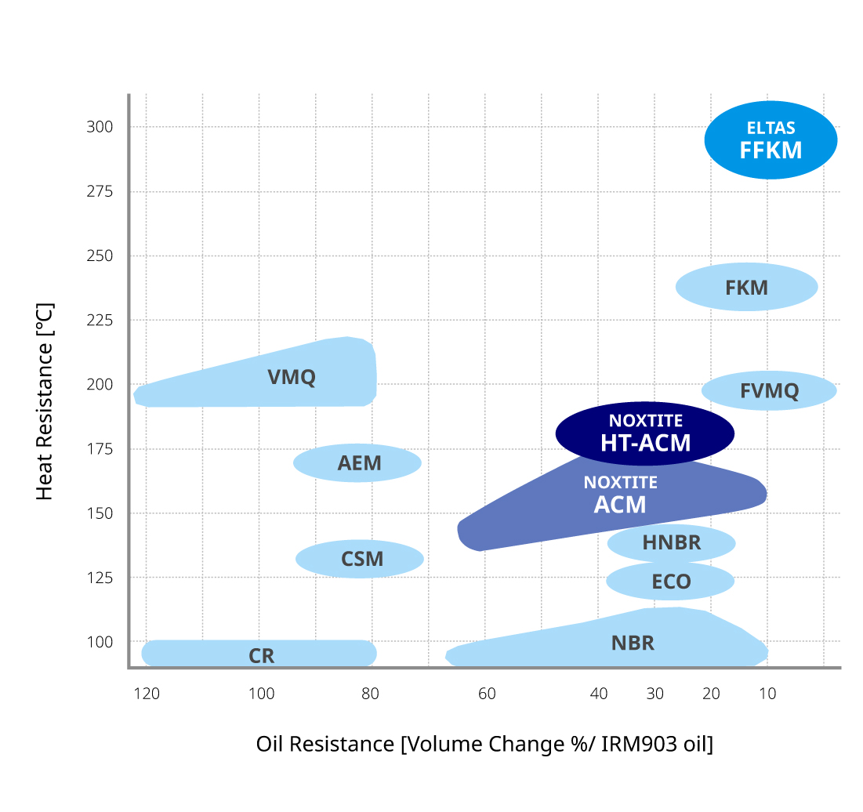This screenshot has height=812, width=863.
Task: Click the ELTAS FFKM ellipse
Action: (x=771, y=140)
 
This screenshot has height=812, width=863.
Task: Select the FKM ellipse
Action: (x=746, y=287)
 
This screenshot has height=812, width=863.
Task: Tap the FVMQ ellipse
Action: (x=769, y=390)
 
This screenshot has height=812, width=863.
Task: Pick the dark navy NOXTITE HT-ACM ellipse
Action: (x=644, y=433)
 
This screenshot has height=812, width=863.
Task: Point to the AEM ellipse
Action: (x=357, y=462)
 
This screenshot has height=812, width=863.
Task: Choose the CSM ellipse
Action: (x=360, y=559)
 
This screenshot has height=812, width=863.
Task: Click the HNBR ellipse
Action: (x=671, y=542)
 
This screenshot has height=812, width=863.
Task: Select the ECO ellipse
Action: (x=670, y=582)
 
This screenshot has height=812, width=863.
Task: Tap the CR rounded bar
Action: (x=259, y=654)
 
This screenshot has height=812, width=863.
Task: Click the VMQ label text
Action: (x=292, y=377)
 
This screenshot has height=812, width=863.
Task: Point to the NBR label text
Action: (x=633, y=643)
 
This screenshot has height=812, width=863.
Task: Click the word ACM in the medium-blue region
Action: (x=620, y=505)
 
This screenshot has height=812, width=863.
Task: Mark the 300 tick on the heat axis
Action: (x=100, y=127)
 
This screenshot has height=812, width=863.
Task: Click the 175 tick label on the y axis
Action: (x=100, y=449)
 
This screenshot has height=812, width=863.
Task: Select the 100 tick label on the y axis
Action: (x=100, y=642)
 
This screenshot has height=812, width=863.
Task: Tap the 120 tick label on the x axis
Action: (x=147, y=694)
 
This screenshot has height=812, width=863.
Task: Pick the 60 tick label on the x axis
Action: (x=487, y=694)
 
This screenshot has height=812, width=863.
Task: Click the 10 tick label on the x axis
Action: (x=767, y=694)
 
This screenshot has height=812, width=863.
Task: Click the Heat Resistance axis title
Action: (x=45, y=401)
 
